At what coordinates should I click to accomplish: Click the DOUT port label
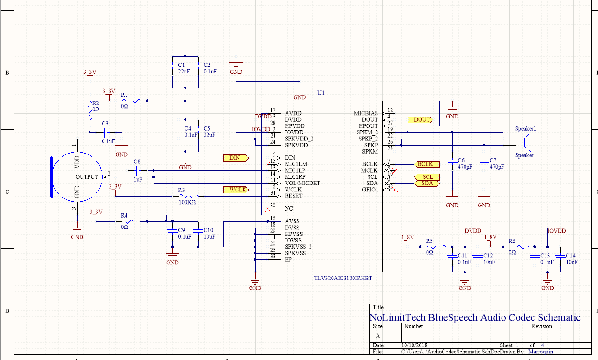pyautogui.click(x=421, y=120)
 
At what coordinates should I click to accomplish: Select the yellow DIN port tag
pyautogui.click(x=235, y=158)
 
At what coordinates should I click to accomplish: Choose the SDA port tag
pyautogui.click(x=427, y=184)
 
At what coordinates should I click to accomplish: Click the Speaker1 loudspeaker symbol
pyautogui.click(x=523, y=142)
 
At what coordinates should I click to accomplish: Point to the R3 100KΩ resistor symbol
pyautogui.click(x=187, y=196)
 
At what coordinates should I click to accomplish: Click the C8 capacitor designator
pyautogui.click(x=137, y=162)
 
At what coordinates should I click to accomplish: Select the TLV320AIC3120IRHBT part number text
pyautogui.click(x=343, y=278)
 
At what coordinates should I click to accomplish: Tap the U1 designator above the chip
pyautogui.click(x=321, y=93)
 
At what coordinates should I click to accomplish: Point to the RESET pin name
pyautogui.click(x=294, y=196)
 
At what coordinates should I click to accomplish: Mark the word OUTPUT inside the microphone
pyautogui.click(x=87, y=177)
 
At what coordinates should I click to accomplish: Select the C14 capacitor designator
pyautogui.click(x=570, y=256)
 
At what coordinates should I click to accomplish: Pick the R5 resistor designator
pyautogui.click(x=429, y=241)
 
